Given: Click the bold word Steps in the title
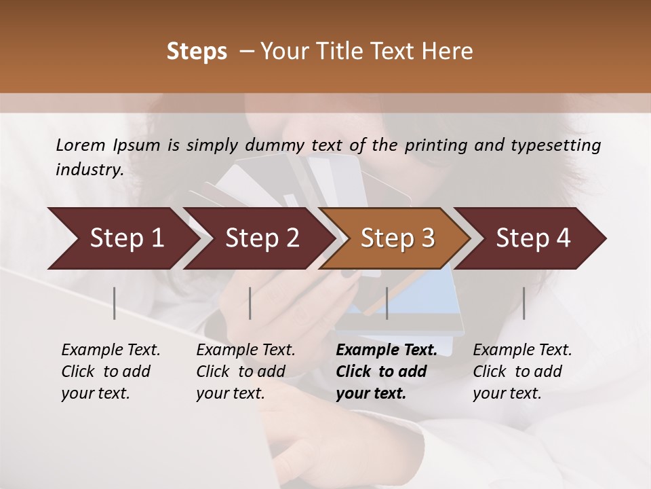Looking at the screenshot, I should pyautogui.click(x=197, y=52).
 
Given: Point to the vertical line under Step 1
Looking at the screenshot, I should pyautogui.click(x=115, y=303).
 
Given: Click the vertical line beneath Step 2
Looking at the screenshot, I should pyautogui.click(x=250, y=303).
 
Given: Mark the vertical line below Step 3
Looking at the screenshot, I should pyautogui.click(x=387, y=303).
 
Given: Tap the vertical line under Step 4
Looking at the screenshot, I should pyautogui.click(x=524, y=303).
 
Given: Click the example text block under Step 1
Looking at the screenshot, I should pyautogui.click(x=111, y=372).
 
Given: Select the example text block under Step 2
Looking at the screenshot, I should pyautogui.click(x=245, y=372).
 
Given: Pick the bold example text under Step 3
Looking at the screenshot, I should pyautogui.click(x=387, y=372).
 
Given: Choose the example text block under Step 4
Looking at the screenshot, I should pyautogui.click(x=522, y=372).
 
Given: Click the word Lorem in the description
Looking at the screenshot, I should pyautogui.click(x=80, y=145).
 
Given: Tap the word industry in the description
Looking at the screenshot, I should pyautogui.click(x=88, y=170).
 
